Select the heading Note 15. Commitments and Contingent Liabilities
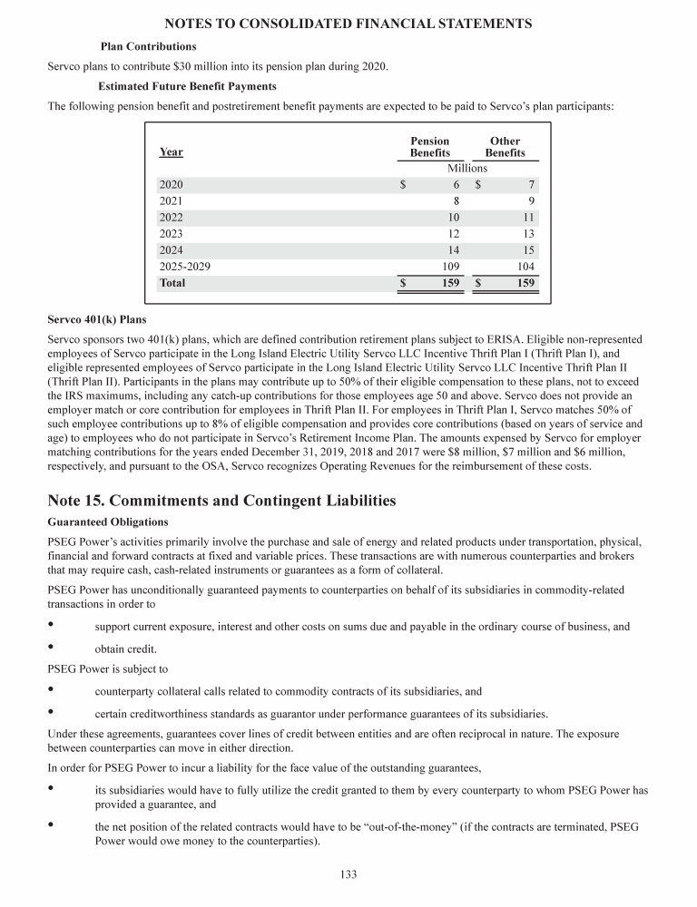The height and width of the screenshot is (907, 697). (222, 500)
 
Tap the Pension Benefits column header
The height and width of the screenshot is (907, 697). (429, 147)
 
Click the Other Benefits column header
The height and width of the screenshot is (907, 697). (505, 147)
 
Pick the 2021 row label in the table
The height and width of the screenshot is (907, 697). (171, 200)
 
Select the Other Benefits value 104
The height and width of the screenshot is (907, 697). (525, 267)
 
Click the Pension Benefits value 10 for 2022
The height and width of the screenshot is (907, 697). (453, 218)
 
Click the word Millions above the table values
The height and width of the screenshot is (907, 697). (467, 168)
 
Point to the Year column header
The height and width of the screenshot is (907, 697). (170, 153)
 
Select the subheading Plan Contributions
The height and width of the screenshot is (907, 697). (147, 46)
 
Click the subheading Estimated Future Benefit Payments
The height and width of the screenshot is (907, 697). (187, 86)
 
